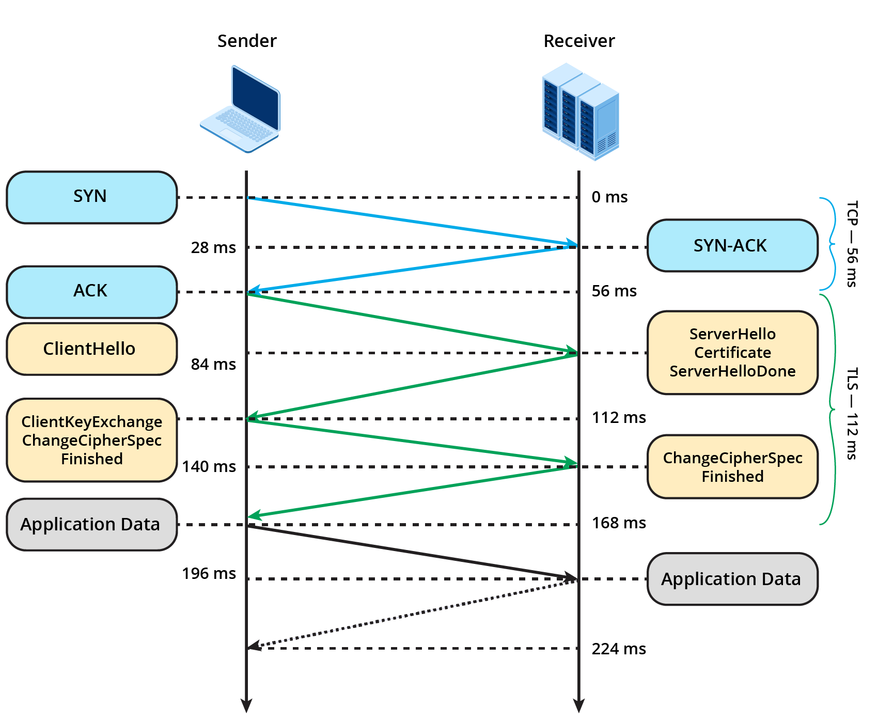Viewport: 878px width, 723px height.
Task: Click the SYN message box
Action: coord(91,197)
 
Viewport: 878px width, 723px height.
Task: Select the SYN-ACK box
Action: coord(732,246)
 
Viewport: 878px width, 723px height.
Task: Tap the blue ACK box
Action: coord(91,292)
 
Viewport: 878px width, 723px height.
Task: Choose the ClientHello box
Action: coord(91,349)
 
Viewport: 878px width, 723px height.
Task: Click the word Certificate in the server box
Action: coord(732,353)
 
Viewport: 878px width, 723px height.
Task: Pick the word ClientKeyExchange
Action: coord(92,422)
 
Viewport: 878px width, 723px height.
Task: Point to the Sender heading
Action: coord(247,41)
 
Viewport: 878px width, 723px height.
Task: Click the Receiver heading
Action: coord(579,41)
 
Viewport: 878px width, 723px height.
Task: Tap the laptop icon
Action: coord(241,109)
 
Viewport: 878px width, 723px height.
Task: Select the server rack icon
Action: coord(581,111)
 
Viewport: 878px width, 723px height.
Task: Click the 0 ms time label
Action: coord(609,197)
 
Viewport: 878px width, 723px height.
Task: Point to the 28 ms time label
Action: coord(213,247)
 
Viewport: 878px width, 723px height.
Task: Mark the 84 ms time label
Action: coord(213,364)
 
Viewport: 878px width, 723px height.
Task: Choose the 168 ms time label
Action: coord(619,523)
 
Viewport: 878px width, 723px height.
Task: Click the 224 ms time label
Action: coord(619,649)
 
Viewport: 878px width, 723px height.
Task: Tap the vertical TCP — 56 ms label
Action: coord(852,243)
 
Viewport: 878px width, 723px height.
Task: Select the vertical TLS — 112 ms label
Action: coord(852,413)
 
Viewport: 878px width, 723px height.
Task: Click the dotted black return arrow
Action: coord(413,613)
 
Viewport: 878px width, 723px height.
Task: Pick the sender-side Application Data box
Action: coord(91,524)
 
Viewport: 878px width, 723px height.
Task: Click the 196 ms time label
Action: coord(209,573)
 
